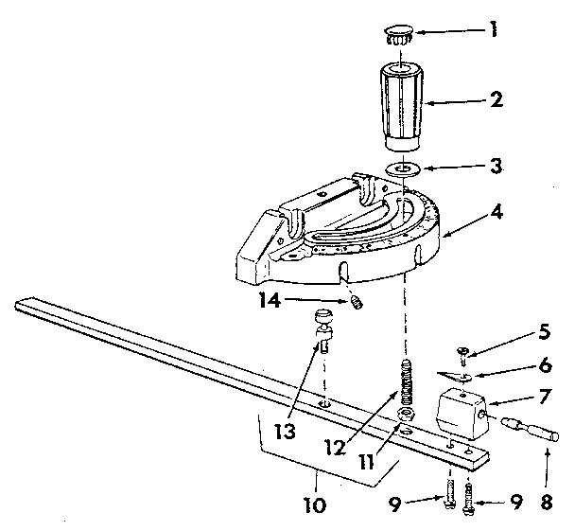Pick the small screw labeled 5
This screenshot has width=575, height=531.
click(x=462, y=357)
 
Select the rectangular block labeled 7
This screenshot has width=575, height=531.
click(x=461, y=416)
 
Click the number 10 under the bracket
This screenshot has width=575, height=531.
click(x=314, y=505)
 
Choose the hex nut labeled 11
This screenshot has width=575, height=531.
click(x=408, y=417)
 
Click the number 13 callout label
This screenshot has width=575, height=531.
click(x=281, y=432)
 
